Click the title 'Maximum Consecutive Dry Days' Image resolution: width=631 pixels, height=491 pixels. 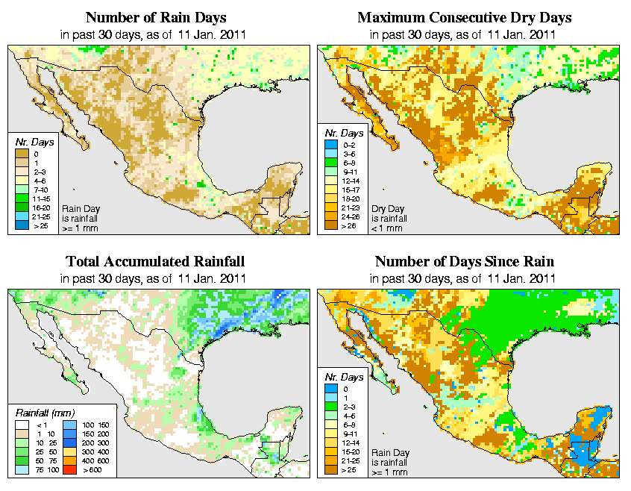click(x=464, y=17)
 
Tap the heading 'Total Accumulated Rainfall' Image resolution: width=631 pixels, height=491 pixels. click(x=154, y=262)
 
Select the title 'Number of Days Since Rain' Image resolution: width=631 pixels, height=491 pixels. click(x=464, y=262)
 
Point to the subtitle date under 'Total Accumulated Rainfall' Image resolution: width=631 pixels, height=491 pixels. click(x=154, y=278)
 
